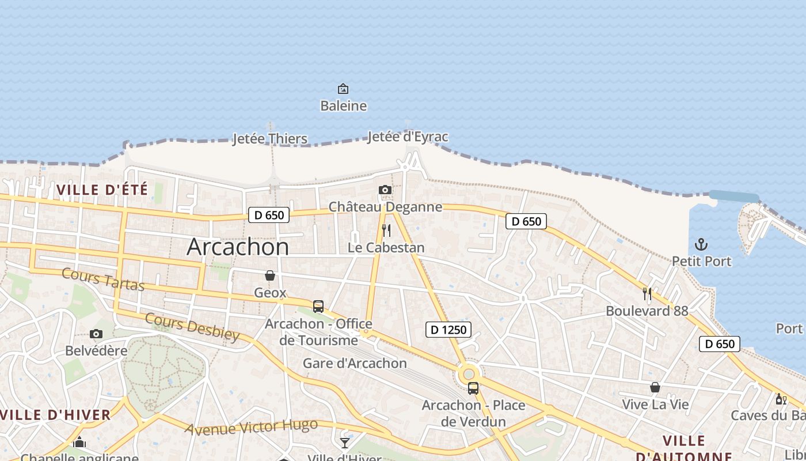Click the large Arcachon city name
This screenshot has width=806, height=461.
238,247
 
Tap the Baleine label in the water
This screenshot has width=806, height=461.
343,105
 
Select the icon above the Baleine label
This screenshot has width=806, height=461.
343,89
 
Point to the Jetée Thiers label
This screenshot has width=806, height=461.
270,139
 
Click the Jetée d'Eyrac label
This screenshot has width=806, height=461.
408,137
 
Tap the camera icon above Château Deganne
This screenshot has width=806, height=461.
385,190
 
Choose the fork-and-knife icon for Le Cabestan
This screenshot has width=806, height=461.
386,231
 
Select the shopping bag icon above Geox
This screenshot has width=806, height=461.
270,276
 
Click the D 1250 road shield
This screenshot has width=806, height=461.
448,330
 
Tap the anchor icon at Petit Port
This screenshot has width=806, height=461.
701,244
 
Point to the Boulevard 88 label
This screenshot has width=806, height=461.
647,311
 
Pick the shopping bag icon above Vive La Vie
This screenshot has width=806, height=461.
655,387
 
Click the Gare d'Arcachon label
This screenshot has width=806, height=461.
355,364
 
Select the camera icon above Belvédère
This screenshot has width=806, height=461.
96,334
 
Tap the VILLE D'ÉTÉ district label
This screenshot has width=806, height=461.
102,189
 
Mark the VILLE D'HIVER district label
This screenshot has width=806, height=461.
55,415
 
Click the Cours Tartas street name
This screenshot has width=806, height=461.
102,279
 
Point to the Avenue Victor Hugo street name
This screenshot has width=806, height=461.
251,427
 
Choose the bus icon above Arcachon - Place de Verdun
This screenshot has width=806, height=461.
473,388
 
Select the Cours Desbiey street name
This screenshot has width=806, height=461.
192,327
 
